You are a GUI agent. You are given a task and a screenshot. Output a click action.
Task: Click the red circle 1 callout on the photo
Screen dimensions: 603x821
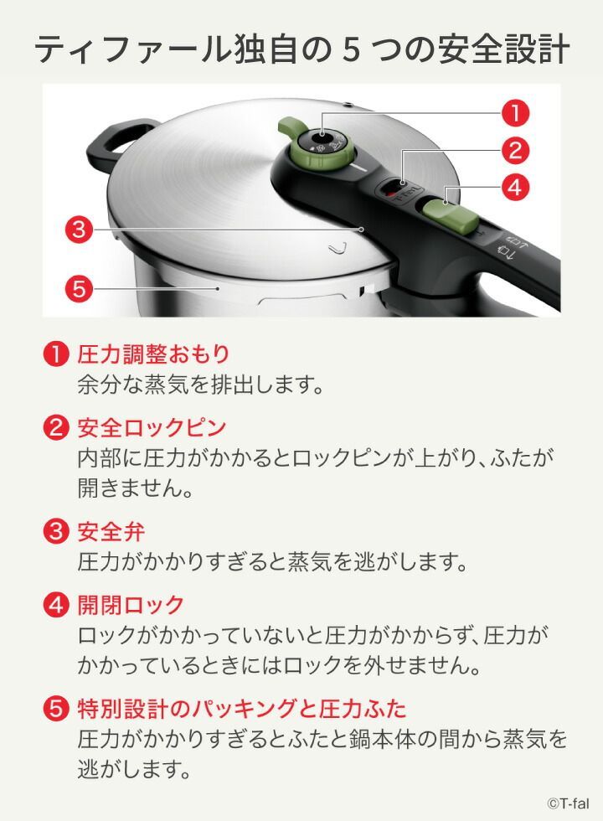point(515,113)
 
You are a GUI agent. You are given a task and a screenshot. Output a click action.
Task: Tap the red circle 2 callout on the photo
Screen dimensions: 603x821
point(515,150)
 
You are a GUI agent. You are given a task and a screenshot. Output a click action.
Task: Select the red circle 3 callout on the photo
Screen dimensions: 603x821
point(79,230)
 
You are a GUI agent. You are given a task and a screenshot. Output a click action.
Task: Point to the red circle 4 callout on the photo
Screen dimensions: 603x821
point(515,187)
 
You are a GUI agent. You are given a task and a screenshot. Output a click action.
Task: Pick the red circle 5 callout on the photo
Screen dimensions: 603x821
point(79,288)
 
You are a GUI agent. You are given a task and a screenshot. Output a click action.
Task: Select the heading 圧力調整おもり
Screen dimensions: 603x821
point(154,354)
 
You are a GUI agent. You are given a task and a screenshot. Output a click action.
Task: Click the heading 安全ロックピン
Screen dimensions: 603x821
point(152,427)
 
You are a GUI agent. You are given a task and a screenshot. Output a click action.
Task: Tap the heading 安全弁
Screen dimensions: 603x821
point(111,532)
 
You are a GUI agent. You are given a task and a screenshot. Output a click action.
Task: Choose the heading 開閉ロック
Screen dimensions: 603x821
point(131,605)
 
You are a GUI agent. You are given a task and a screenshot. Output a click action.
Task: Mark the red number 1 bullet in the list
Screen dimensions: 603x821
point(56,354)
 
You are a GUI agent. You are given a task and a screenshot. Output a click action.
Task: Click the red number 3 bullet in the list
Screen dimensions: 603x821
point(56,532)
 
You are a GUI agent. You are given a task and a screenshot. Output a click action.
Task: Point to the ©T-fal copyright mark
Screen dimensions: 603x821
point(568,803)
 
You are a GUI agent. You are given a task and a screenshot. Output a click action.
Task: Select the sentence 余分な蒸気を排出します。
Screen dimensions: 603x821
point(200,385)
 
